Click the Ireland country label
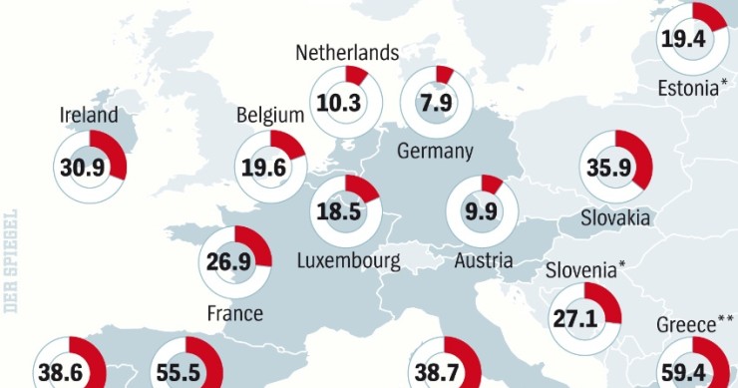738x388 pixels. [88, 116]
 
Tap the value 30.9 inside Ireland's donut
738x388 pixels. [83, 167]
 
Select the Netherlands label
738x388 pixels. [347, 53]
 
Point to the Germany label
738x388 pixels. [434, 152]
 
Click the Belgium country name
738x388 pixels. [269, 116]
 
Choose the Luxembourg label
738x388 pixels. [348, 261]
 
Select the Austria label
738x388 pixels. [483, 261]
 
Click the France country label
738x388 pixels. [234, 313]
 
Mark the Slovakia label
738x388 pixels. [617, 217]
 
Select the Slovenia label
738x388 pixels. [585, 269]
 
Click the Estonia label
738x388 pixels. [689, 89]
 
